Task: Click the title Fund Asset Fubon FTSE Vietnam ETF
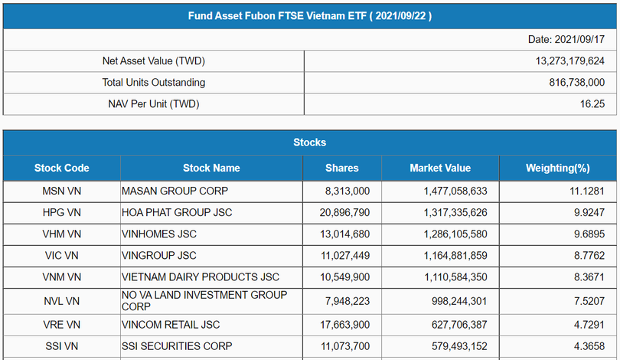(x=310, y=15)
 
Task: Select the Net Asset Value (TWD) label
(x=154, y=61)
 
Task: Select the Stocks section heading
(x=310, y=142)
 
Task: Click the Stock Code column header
(x=62, y=168)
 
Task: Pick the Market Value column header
(x=440, y=168)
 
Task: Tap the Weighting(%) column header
(x=557, y=168)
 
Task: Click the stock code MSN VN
(x=62, y=191)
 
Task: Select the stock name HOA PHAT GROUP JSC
(x=177, y=212)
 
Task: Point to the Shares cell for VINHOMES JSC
(x=342, y=234)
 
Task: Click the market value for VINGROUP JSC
(x=455, y=255)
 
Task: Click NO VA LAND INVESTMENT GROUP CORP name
(x=204, y=300)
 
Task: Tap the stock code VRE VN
(x=62, y=325)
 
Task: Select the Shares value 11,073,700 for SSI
(x=342, y=346)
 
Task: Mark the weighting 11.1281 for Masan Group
(x=586, y=191)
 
